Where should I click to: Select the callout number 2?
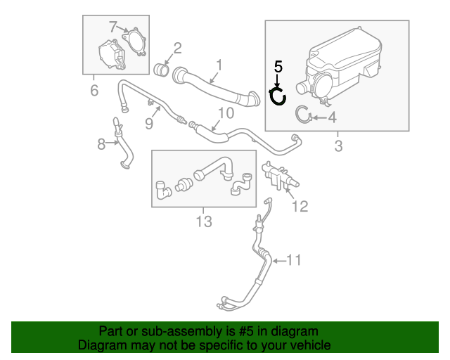coord(176,48)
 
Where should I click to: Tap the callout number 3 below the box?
coord(337,146)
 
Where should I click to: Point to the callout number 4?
coord(332,117)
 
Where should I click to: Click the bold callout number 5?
coord(278,67)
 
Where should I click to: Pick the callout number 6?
coord(94,89)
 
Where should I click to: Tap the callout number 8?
coord(101,144)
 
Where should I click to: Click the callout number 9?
coord(148,124)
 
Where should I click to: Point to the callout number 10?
coord(226,112)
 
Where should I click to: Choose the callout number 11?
coord(293,261)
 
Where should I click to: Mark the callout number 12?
coord(300,206)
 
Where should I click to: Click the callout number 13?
coord(203,222)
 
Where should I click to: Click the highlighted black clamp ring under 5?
coord(279,96)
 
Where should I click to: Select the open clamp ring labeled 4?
coord(304,114)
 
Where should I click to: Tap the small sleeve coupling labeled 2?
coord(162,70)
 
